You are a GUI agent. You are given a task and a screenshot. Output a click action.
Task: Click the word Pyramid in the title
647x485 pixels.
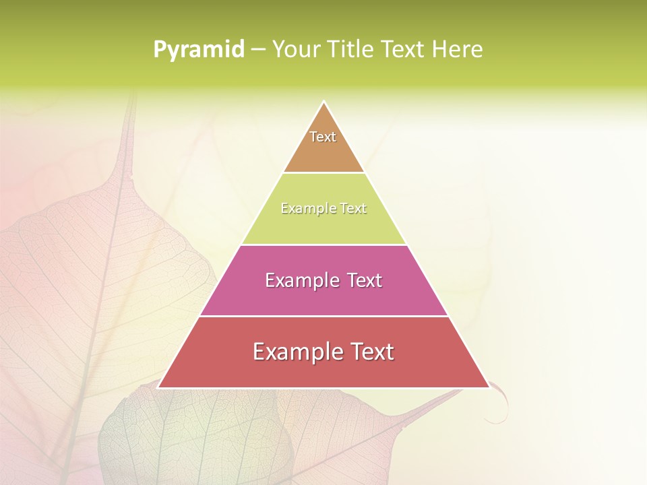coord(198,50)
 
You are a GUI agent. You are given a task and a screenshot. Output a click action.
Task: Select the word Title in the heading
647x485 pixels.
coord(355,50)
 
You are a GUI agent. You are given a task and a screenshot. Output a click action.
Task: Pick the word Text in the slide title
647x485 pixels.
coord(404,50)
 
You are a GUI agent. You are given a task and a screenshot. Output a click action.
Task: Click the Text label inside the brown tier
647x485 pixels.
coord(323,137)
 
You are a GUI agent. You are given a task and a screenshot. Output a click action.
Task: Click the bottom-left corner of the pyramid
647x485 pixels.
coord(159,387)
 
